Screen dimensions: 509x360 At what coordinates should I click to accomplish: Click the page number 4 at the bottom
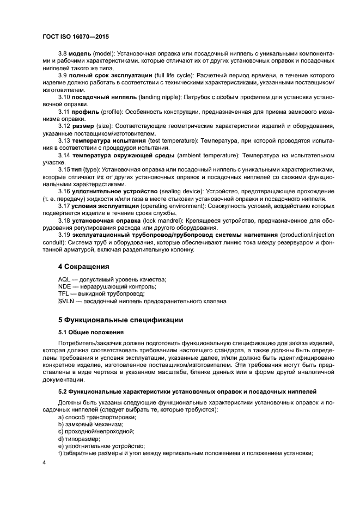click(x=45, y=463)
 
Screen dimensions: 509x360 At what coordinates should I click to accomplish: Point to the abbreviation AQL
click(x=64, y=279)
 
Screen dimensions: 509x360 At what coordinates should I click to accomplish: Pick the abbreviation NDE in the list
click(x=64, y=286)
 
